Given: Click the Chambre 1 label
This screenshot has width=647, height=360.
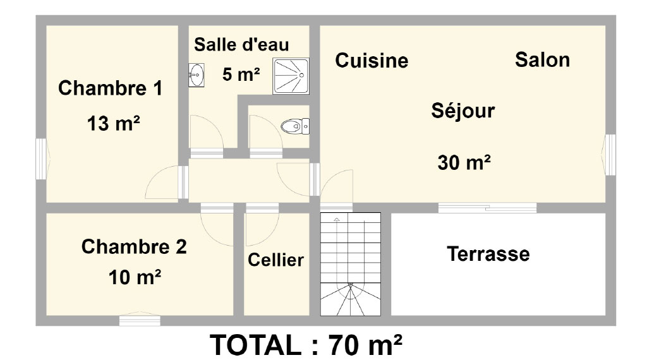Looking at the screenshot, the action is point(110,88).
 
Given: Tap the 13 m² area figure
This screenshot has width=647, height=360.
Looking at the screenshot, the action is point(114,123).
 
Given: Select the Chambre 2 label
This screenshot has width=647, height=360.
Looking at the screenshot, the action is point(134,246).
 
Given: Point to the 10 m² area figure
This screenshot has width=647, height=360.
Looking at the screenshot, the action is point(135,277).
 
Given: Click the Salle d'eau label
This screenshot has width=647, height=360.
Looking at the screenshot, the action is point(241,45).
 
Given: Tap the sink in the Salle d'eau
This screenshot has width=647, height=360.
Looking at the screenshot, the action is point(197,75).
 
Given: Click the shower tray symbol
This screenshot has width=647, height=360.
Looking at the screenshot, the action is point(291,76).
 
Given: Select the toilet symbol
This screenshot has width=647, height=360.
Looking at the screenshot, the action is point(295,126).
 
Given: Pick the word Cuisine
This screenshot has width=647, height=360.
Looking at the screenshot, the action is point(372,60).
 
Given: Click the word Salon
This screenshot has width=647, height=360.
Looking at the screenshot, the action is point(543,60).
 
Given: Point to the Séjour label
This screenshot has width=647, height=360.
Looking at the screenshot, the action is point(463,111).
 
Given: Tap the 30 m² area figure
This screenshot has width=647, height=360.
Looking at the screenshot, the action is point(464,162).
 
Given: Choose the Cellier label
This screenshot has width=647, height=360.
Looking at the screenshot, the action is point(275,260).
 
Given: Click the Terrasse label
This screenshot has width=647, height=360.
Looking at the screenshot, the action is point(488,254).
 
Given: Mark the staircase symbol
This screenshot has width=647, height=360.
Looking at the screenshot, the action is point(351,264).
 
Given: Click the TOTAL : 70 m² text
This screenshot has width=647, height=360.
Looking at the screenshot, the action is point(306,345).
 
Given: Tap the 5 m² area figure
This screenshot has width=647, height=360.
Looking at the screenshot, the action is point(241,75).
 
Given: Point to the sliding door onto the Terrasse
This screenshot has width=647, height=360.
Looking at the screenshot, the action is point(487,207).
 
